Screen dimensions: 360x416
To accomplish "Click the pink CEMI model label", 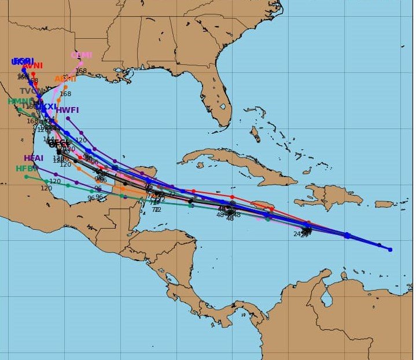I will point(81,55).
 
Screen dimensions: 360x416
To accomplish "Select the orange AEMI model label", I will point(65,79).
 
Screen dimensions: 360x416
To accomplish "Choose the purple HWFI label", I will point(67,110).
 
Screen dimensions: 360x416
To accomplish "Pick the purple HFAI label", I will point(34,158).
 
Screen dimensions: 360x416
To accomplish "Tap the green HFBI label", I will point(26,168).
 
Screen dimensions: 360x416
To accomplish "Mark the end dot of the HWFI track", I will point(68,118).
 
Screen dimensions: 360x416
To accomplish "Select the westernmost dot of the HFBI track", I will point(26,177).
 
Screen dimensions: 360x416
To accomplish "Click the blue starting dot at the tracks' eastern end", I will point(390,249).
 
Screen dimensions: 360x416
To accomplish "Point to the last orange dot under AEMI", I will point(65,87).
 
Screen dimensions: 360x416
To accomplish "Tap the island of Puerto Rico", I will point(384,204).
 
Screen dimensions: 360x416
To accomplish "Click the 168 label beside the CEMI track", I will point(80,71).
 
